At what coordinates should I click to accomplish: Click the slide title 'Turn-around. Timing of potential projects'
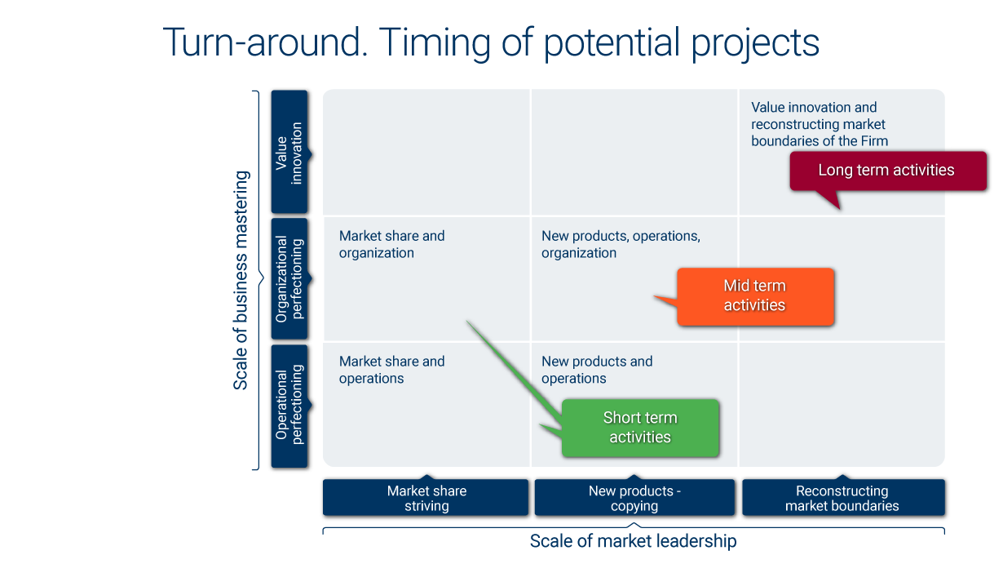tap(491, 42)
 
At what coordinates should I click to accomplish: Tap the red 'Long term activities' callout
tap(887, 171)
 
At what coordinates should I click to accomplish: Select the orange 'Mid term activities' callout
tap(755, 296)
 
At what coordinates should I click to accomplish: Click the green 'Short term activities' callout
tap(640, 428)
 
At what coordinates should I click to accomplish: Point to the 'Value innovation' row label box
tap(289, 153)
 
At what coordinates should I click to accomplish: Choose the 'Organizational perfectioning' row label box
tap(289, 278)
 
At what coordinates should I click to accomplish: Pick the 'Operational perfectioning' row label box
tap(289, 406)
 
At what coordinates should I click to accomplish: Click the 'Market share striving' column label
tap(426, 498)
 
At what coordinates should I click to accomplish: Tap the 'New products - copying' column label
tap(634, 498)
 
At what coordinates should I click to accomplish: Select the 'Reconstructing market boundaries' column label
tap(842, 498)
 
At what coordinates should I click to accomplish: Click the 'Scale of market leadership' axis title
tap(634, 541)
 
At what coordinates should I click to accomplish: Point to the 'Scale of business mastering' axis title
tap(241, 280)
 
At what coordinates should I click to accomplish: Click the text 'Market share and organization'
tap(391, 244)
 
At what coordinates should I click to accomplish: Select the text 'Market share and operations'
tap(391, 370)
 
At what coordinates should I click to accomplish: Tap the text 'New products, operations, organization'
tap(621, 244)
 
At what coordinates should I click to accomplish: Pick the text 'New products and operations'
tap(597, 370)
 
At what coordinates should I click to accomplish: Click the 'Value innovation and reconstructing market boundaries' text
tap(819, 124)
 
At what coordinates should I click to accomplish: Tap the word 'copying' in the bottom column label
tap(634, 506)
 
